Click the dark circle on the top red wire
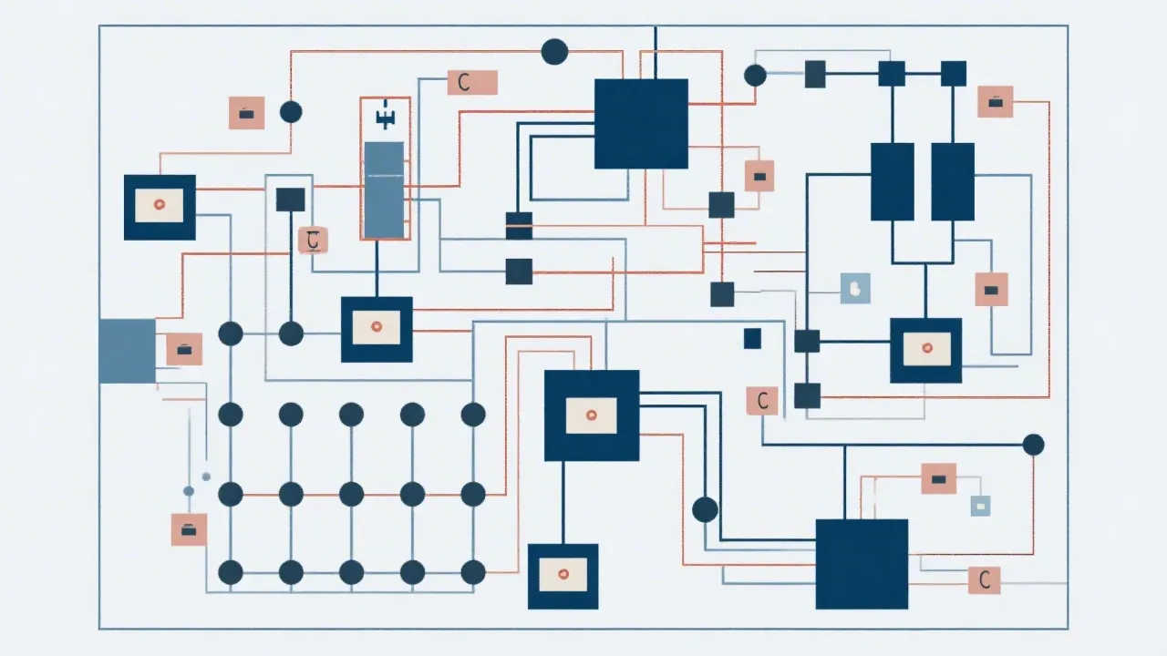tap(554, 52)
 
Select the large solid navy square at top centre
tap(641, 124)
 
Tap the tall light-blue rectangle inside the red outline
tap(383, 190)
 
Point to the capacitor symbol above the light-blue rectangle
tap(383, 117)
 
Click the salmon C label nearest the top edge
tap(472, 82)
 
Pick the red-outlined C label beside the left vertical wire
tap(313, 241)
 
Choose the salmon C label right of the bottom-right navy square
tap(984, 579)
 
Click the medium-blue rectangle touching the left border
tap(127, 351)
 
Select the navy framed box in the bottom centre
tap(563, 576)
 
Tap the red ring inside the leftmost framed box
tap(160, 207)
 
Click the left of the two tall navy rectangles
tap(893, 181)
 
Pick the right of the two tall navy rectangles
tap(953, 181)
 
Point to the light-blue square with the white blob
tap(855, 288)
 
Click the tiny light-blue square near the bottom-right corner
tap(980, 505)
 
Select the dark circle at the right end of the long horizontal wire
tap(1033, 445)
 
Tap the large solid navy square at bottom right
tap(862, 564)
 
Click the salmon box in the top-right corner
tap(995, 101)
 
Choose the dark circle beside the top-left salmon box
tap(291, 112)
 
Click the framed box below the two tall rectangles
tap(925, 350)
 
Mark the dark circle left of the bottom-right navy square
tap(705, 509)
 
